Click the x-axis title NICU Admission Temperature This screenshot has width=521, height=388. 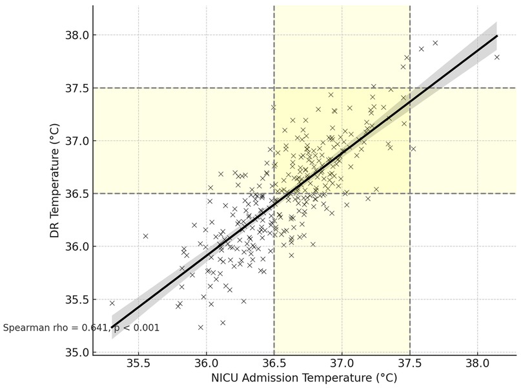point(304,378)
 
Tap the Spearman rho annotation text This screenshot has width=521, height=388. point(81,328)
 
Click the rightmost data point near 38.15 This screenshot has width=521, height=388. point(497,58)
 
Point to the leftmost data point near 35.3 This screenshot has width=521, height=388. point(112,303)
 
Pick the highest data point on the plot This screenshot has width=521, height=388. point(435,43)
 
